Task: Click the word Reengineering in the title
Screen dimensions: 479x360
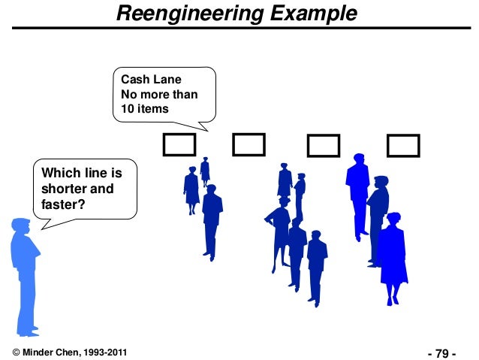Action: click(183, 14)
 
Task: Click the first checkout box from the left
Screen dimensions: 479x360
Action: click(179, 144)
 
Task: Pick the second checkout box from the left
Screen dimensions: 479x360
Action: click(249, 144)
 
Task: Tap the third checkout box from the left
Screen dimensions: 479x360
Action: click(324, 145)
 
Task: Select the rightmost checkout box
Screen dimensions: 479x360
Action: click(402, 145)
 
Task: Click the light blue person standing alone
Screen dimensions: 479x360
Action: click(24, 274)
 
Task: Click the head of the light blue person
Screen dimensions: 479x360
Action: click(21, 226)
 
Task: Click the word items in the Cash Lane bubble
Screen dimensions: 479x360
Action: click(154, 110)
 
